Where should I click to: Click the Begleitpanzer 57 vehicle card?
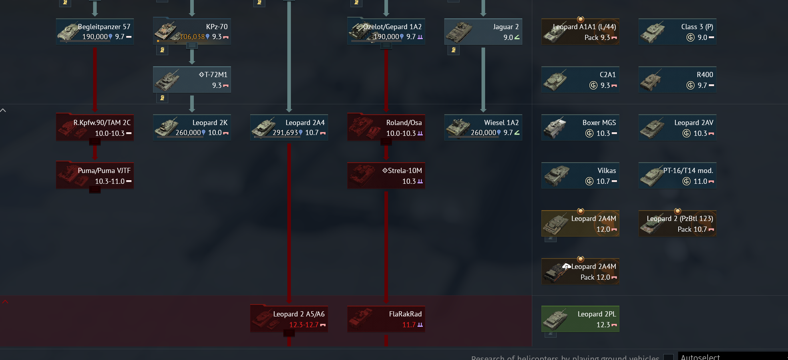click(95, 32)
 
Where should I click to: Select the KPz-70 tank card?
click(192, 32)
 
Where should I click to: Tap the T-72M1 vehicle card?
click(192, 80)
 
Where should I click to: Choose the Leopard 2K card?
click(192, 127)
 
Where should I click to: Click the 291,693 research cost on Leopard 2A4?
click(285, 133)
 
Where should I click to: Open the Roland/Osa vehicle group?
click(386, 127)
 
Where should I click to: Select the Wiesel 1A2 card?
click(483, 127)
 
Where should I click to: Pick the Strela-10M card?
click(386, 175)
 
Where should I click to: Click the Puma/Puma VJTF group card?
click(95, 175)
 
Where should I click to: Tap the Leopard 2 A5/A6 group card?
click(289, 319)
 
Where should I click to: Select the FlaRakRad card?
click(386, 319)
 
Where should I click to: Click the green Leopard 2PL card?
click(580, 319)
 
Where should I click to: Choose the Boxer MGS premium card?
click(580, 127)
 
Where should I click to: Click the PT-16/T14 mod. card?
click(677, 175)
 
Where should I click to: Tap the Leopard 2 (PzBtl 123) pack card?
click(677, 223)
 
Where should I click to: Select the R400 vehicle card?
click(677, 80)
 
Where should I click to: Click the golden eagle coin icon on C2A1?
click(593, 86)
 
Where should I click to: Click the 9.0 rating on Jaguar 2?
click(508, 38)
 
